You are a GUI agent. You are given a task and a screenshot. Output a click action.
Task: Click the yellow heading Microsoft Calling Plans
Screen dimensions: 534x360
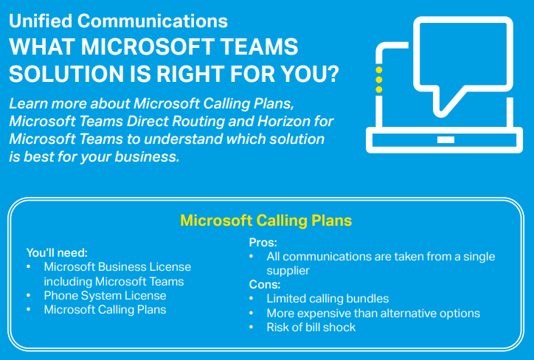click(266, 221)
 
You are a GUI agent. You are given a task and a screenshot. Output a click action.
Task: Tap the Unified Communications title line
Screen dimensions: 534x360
click(118, 21)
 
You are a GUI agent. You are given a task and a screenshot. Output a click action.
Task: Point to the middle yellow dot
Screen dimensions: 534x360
click(378, 80)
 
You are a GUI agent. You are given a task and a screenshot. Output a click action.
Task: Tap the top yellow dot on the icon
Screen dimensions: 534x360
click(378, 70)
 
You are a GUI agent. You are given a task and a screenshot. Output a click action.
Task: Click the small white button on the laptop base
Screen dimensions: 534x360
click(445, 139)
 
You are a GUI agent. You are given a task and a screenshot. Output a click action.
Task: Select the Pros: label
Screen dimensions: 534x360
click(263, 243)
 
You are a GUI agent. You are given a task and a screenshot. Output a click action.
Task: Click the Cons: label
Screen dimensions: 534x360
click(265, 285)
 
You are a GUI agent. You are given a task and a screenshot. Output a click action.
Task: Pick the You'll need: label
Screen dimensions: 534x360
click(57, 253)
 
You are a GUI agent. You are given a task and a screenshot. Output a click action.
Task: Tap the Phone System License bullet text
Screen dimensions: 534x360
click(105, 296)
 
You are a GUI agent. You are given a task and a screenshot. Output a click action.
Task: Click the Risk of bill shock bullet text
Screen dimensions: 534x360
click(311, 328)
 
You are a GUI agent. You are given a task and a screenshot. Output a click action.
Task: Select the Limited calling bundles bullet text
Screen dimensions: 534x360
click(327, 299)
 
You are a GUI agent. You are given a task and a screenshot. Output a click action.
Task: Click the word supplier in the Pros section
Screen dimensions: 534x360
click(288, 271)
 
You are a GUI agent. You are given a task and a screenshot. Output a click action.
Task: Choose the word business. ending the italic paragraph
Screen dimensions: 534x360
click(147, 156)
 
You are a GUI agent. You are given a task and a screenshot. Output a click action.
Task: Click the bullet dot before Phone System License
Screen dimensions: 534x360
click(29, 296)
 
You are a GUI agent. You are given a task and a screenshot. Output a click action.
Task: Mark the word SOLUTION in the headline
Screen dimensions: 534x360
click(66, 74)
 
